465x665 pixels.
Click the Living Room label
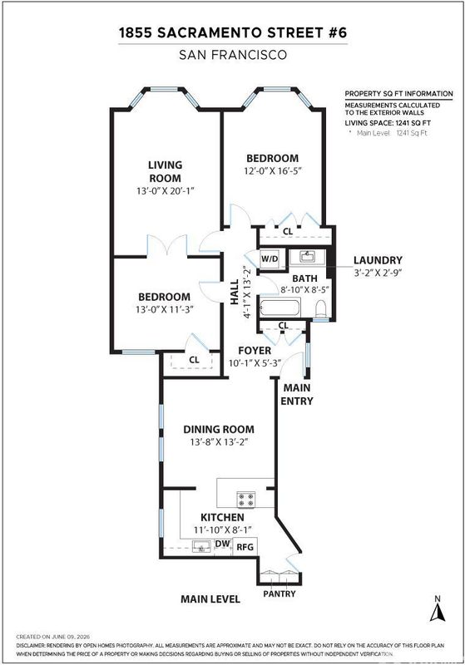click(165, 171)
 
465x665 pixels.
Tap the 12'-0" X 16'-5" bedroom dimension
click(272, 171)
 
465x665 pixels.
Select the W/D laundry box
click(270, 259)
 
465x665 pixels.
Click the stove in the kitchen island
click(245, 499)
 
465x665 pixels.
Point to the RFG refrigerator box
click(245, 547)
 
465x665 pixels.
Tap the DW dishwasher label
click(223, 544)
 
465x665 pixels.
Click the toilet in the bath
click(321, 309)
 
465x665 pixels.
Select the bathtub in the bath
click(280, 307)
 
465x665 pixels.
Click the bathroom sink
click(307, 256)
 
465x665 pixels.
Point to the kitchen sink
click(201, 546)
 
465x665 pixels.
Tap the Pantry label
click(279, 594)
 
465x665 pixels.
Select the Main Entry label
click(297, 394)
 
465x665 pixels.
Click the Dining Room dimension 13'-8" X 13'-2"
click(219, 442)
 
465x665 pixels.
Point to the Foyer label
click(255, 350)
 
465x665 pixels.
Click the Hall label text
click(235, 292)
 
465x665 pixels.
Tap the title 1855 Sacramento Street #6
click(233, 33)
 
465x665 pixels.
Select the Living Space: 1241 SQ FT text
click(388, 123)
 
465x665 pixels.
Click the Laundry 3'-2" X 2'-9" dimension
click(378, 273)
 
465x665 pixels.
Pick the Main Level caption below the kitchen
click(210, 598)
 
